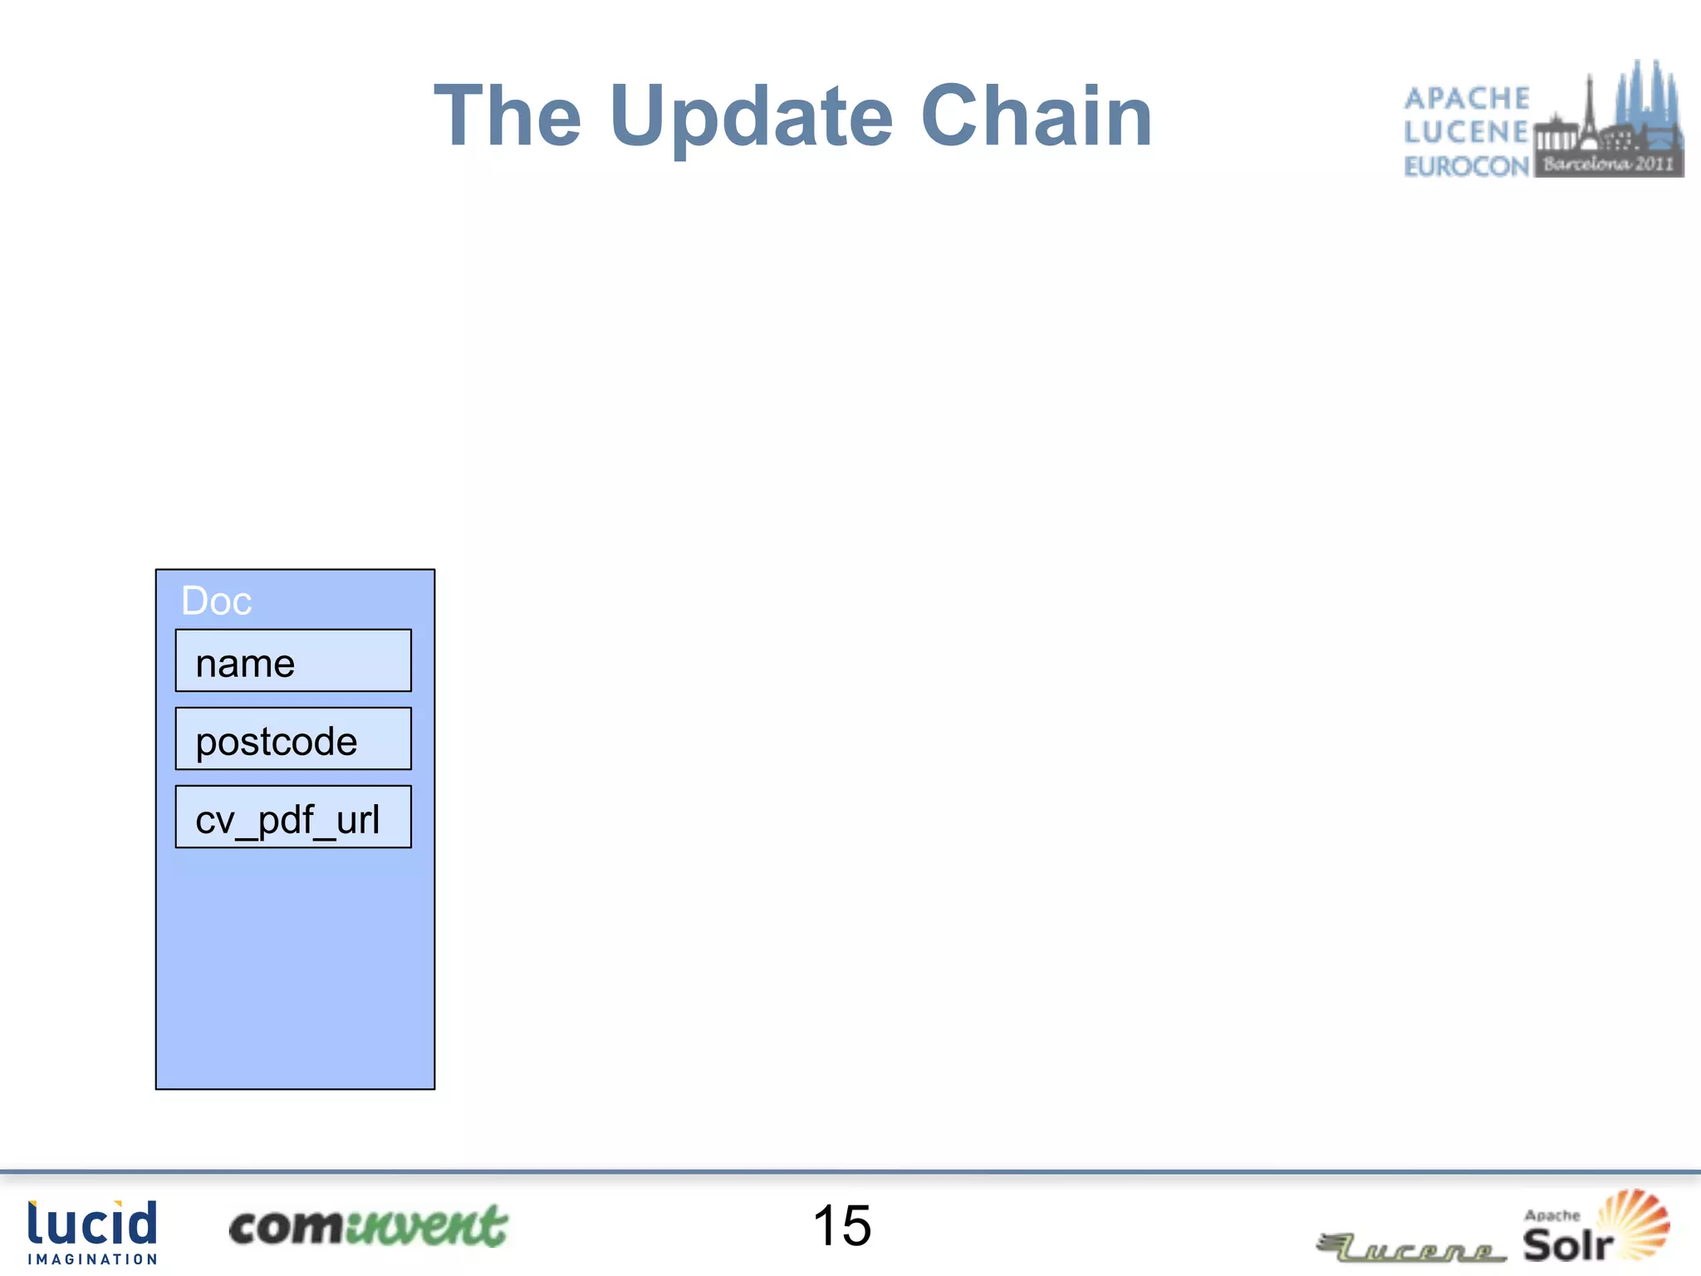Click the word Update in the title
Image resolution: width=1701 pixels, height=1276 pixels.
point(751,116)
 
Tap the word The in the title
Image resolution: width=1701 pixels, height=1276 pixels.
point(507,116)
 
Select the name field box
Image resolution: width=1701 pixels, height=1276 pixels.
point(293,661)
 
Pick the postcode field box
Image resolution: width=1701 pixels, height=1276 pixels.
point(293,739)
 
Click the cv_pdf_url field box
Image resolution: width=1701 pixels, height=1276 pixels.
point(293,817)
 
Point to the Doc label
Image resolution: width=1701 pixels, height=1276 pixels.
point(216,601)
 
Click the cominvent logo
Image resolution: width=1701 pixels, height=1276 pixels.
point(368,1227)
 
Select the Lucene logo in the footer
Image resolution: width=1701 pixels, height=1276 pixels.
point(1412,1249)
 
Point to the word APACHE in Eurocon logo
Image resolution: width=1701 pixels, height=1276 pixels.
point(1467,98)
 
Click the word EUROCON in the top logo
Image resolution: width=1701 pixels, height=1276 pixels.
point(1467,166)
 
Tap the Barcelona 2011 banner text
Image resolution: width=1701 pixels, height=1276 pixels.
point(1608,164)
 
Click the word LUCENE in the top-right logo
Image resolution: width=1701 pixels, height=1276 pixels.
point(1467,132)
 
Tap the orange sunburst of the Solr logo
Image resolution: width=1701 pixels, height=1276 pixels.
point(1634,1220)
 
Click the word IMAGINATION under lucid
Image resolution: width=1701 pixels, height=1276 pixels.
point(92,1259)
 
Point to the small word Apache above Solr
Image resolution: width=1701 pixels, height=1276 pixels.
point(1551,1215)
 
